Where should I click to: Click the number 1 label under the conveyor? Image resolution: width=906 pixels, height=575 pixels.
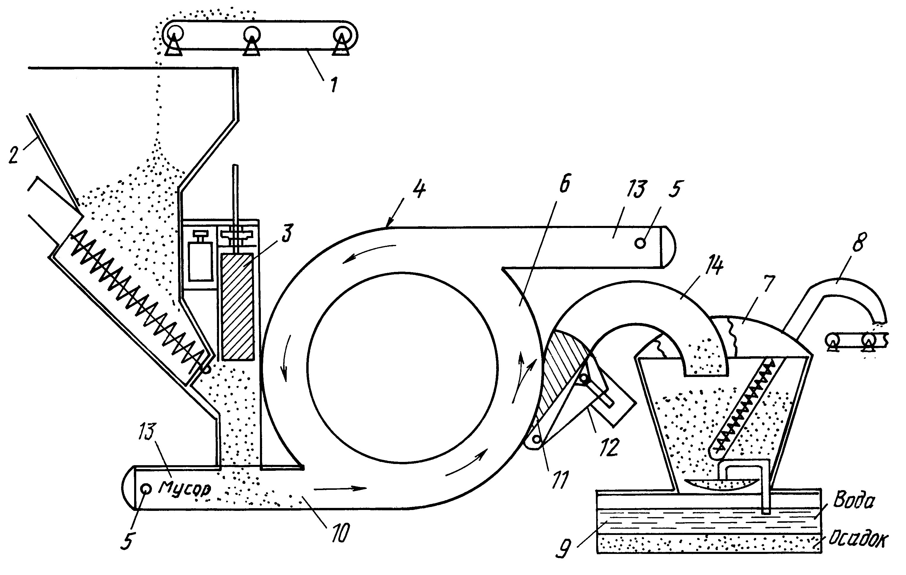point(334,85)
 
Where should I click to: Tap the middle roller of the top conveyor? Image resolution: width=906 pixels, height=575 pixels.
point(251,34)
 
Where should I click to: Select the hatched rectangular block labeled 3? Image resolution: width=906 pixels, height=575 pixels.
point(238,307)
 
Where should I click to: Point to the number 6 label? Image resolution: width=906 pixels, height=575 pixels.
point(565,183)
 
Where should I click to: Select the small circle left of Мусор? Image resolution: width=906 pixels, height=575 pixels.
point(146,489)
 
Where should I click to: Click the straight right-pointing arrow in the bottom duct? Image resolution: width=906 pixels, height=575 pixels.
point(340,488)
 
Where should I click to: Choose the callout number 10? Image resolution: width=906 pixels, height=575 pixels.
point(340,533)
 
